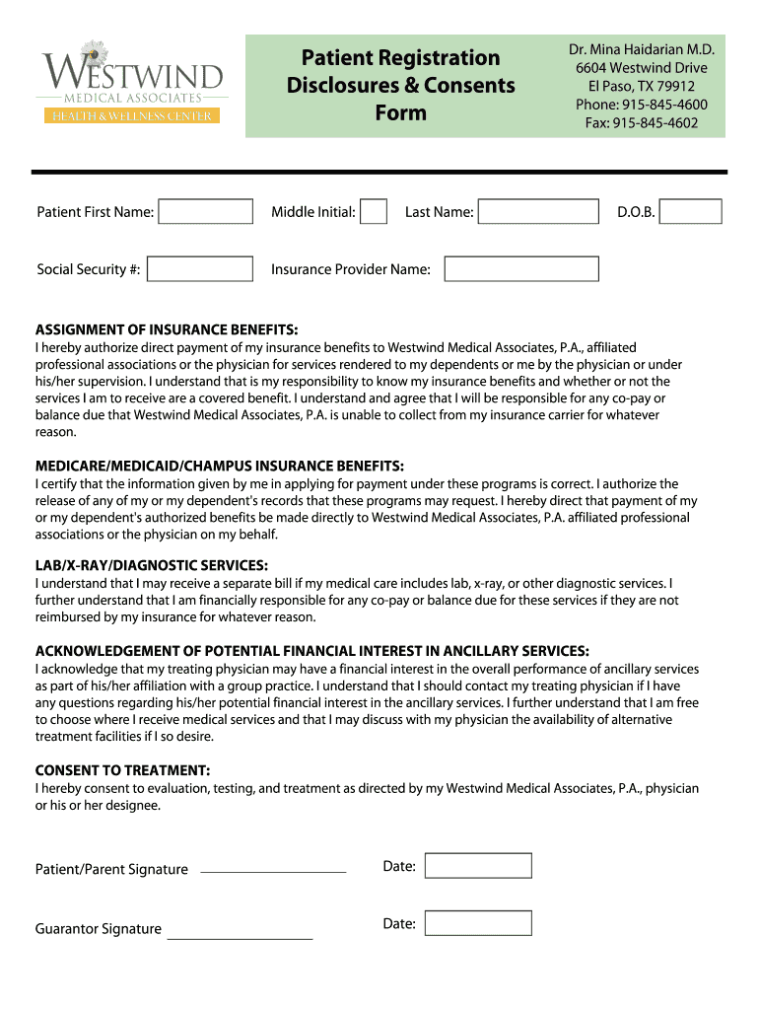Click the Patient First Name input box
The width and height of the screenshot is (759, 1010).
[x=206, y=212]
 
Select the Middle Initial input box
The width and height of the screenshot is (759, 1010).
[x=373, y=212]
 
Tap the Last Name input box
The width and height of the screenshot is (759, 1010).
[x=538, y=212]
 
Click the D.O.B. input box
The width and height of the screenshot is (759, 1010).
[x=690, y=212]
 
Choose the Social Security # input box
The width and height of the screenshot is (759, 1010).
[x=200, y=269]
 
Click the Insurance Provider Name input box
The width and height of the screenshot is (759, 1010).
[x=521, y=269]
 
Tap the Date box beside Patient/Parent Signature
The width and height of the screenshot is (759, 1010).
[x=478, y=866]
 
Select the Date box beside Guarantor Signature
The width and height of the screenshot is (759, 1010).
[x=478, y=923]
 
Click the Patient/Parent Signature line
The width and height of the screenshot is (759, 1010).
[x=273, y=871]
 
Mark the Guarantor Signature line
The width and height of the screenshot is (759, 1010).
[x=240, y=937]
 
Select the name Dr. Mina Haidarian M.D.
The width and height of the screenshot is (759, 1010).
[x=642, y=49]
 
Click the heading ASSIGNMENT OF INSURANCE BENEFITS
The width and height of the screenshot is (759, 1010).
[x=167, y=329]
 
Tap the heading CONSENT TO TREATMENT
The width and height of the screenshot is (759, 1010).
[x=122, y=770]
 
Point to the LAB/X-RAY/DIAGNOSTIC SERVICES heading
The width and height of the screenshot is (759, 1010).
[x=152, y=565]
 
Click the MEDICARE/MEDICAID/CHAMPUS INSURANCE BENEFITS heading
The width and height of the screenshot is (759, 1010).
[x=220, y=466]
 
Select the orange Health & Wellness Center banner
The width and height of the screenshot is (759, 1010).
[x=131, y=116]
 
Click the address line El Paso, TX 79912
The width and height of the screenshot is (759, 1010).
[x=642, y=86]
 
